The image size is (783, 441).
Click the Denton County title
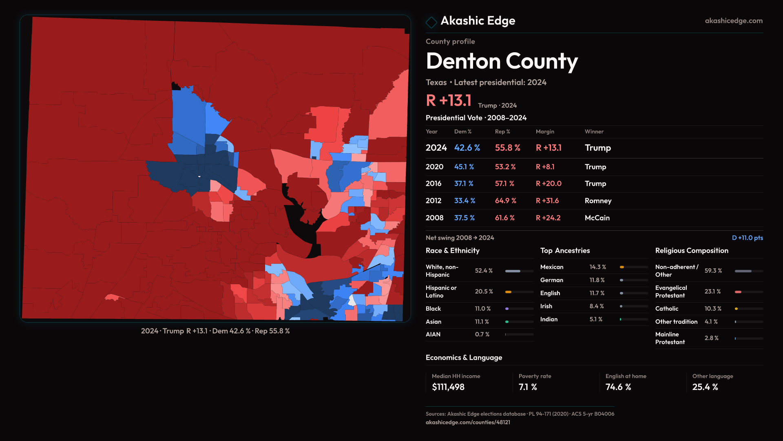pos(502,61)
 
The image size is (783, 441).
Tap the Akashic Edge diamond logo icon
pos(431,22)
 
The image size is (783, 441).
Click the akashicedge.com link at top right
pos(733,21)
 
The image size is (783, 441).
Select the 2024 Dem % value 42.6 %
pos(467,148)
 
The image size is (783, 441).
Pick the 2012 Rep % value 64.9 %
pos(505,201)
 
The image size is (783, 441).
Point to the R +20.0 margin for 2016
pos(549,184)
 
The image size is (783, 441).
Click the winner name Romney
pos(598,201)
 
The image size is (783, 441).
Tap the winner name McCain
pos(597,218)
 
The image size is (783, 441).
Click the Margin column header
pos(545,131)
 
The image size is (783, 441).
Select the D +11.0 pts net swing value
pos(747,238)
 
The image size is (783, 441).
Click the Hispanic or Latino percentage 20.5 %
pos(484,292)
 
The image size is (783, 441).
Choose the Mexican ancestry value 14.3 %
pos(597,267)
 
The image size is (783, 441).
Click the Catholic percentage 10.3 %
pos(713,309)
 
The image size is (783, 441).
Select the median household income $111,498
pos(448,387)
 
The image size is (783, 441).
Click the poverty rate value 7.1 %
pos(528,387)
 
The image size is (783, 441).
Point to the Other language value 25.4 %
pos(705,387)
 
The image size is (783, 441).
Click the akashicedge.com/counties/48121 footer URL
pos(468,422)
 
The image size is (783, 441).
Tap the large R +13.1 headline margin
pos(449,100)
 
